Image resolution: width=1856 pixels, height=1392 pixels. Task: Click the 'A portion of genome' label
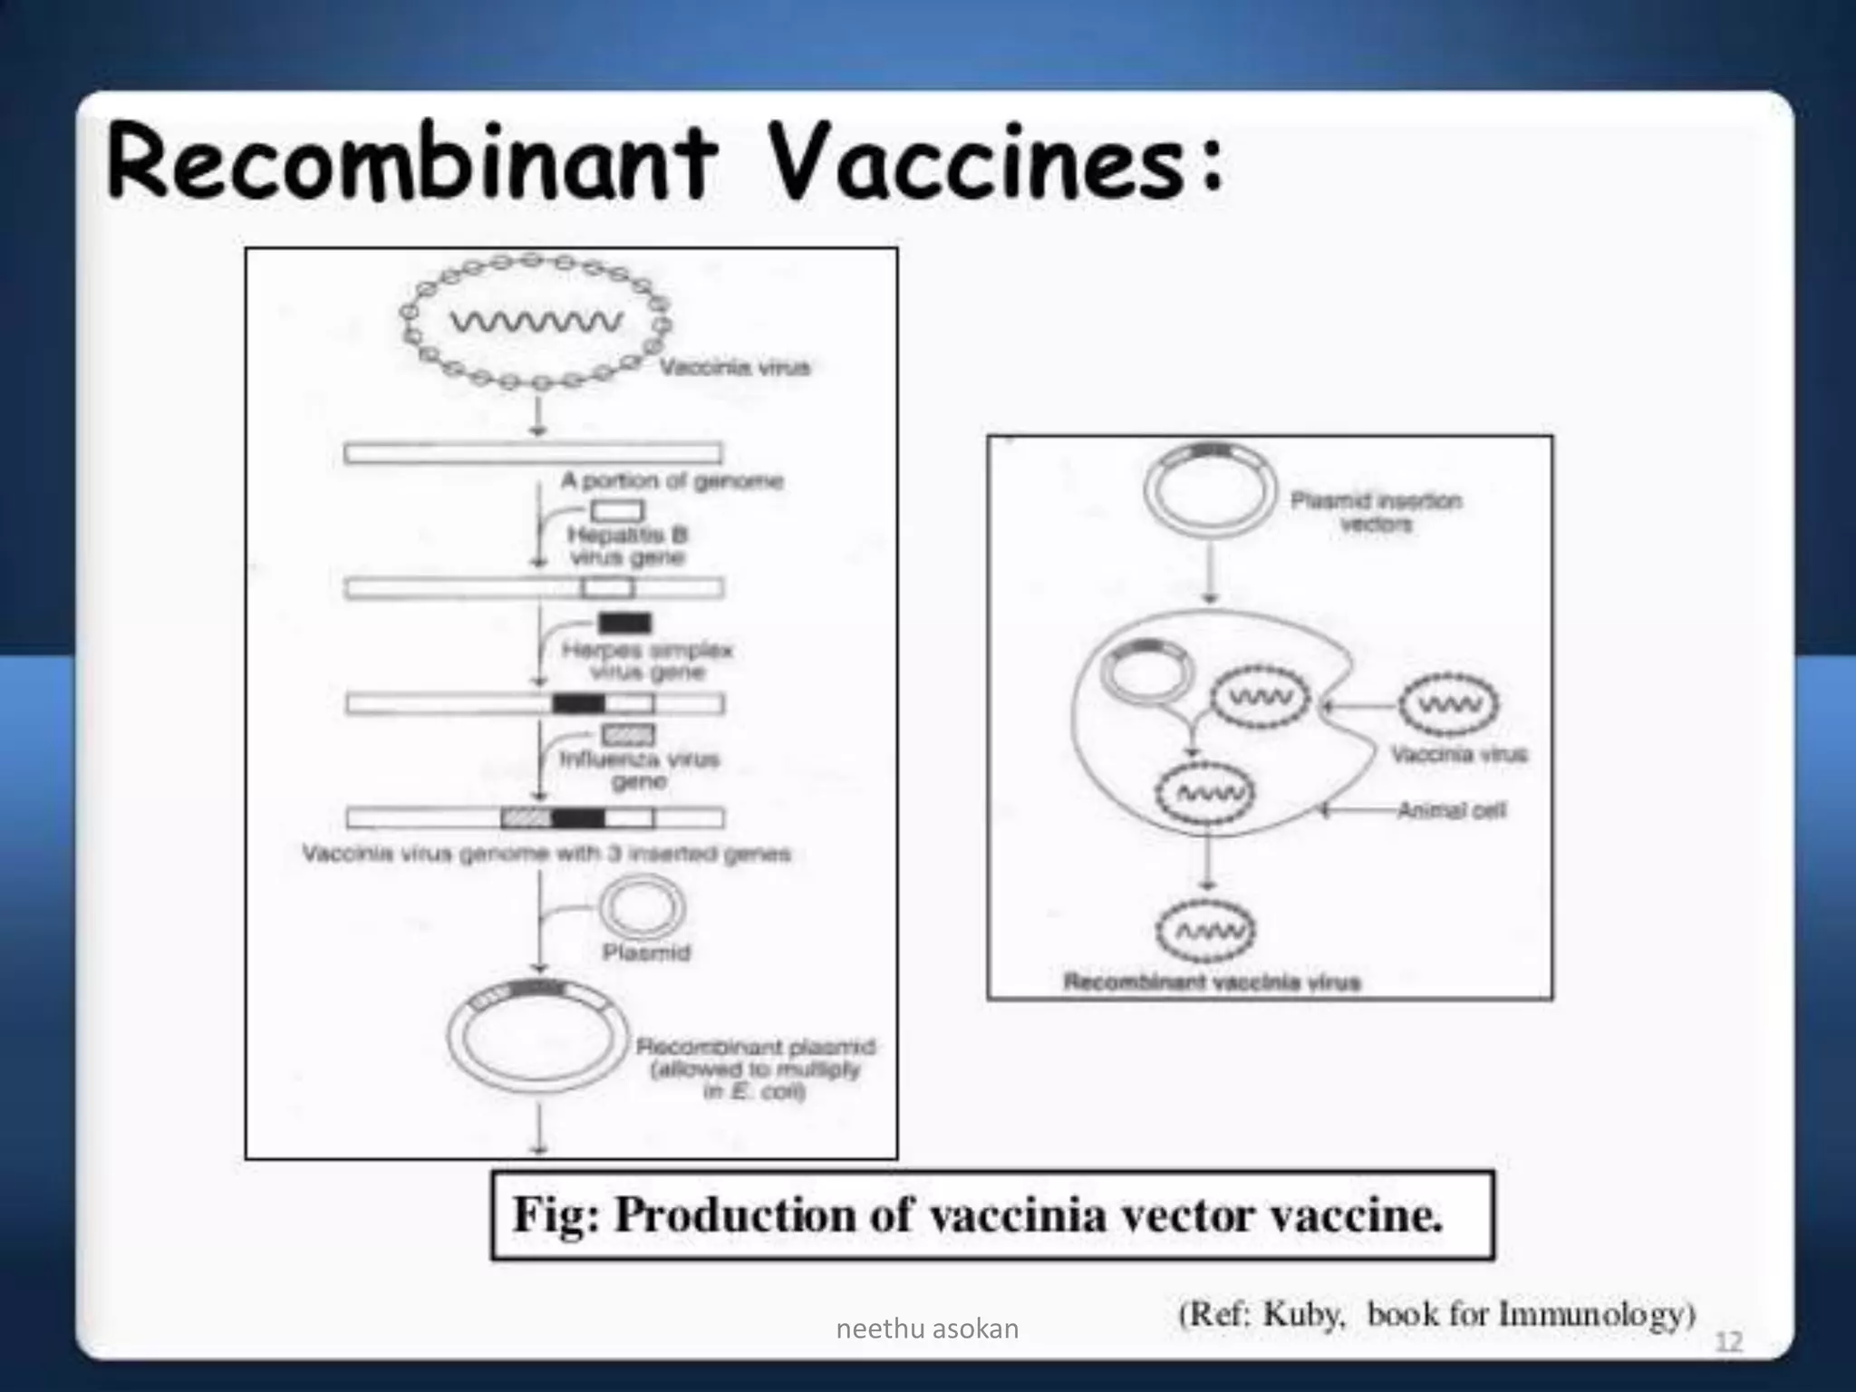point(672,480)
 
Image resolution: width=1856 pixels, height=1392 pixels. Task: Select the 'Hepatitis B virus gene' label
point(628,546)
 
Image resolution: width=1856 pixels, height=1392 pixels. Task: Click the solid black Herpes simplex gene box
point(624,623)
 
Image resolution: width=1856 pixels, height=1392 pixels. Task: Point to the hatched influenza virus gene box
point(627,735)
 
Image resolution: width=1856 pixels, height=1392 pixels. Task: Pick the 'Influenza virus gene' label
point(639,769)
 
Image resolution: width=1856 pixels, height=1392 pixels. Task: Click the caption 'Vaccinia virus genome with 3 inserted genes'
point(546,854)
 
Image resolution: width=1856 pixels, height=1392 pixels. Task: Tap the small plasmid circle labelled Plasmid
point(643,908)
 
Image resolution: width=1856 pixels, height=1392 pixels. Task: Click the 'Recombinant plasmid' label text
point(756,1048)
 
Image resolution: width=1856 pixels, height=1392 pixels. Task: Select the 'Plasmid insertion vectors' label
point(1376,512)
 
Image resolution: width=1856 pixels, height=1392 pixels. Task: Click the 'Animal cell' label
point(1451,810)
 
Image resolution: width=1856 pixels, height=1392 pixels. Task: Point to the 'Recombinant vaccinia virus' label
point(1212,982)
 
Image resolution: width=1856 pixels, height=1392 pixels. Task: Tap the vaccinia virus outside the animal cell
point(1448,704)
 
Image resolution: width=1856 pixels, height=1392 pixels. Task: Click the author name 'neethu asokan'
point(927,1329)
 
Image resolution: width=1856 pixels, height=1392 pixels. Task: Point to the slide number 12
point(1729,1342)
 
